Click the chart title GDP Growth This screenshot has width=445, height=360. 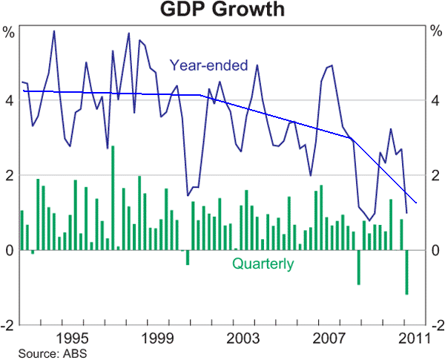click(223, 10)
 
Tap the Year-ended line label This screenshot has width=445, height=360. click(208, 65)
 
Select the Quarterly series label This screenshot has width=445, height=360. click(263, 264)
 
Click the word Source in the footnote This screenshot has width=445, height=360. click(34, 353)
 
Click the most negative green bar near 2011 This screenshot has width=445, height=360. click(406, 272)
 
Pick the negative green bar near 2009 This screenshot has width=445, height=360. click(359, 267)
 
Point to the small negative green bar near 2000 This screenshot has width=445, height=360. click(188, 258)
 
